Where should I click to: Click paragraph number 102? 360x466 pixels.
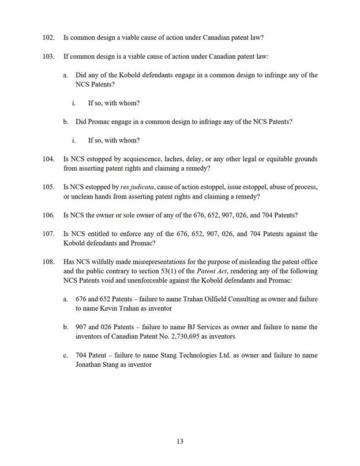48,38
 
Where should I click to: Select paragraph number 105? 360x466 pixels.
48,187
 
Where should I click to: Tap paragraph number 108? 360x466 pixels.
48,261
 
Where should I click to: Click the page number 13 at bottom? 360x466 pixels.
180,441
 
